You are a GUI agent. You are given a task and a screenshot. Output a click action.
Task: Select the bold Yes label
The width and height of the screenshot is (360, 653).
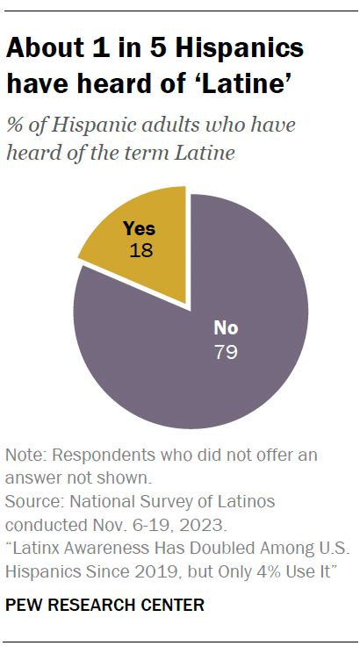pyautogui.click(x=139, y=228)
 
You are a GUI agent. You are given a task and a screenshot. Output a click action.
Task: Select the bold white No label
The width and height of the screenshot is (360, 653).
pyautogui.click(x=227, y=329)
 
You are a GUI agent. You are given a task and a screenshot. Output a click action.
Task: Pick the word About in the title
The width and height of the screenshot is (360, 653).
pyautogui.click(x=45, y=48)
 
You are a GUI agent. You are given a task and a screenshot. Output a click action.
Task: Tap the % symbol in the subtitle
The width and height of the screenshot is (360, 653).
pyautogui.click(x=15, y=125)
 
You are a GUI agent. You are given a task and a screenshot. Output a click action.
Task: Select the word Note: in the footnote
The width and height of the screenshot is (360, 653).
pyautogui.click(x=27, y=456)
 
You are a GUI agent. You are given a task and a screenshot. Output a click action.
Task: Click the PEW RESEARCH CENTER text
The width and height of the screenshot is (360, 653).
pyautogui.click(x=104, y=605)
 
